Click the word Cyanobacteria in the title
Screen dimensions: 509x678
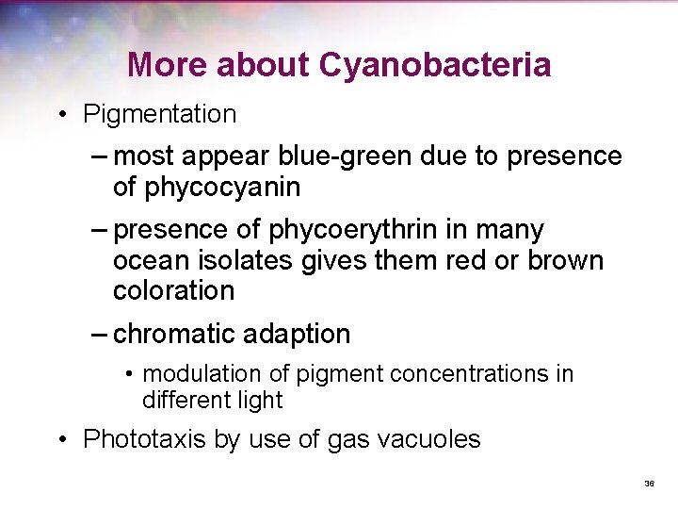[x=435, y=65]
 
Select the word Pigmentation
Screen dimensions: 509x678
[x=159, y=115]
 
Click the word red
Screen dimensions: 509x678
[x=470, y=260]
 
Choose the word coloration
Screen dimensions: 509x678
[x=173, y=291]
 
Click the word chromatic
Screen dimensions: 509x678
[x=174, y=334]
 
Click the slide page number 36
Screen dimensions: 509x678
[x=649, y=484]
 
